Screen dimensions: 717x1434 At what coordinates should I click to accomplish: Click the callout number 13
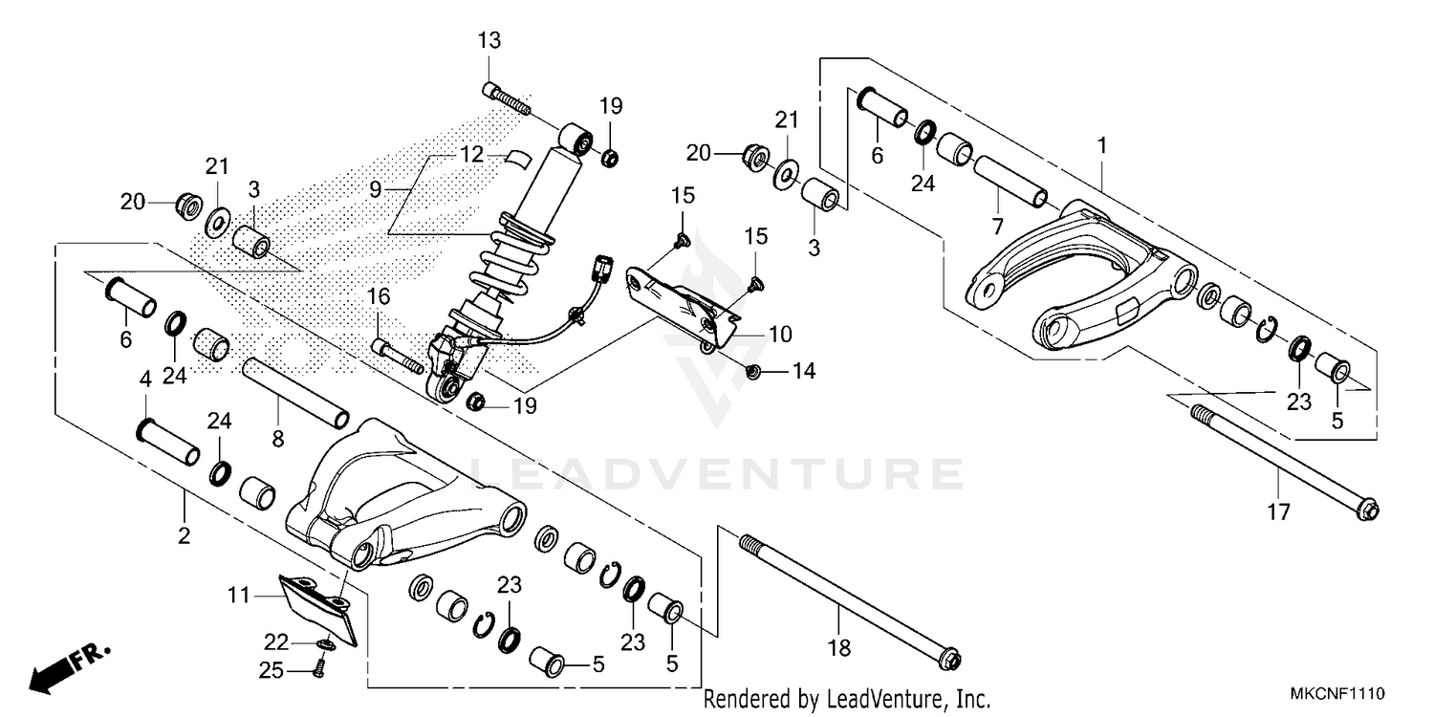point(489,40)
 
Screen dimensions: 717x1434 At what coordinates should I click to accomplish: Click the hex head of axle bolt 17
point(1368,511)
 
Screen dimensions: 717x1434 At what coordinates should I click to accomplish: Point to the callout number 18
point(838,648)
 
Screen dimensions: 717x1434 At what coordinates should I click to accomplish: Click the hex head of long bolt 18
point(949,660)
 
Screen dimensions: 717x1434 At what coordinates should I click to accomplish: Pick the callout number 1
point(1102,146)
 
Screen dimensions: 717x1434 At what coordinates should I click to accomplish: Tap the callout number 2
point(184,535)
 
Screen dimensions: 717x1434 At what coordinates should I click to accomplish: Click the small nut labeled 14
point(753,370)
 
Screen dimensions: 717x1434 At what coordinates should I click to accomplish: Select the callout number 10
point(780,335)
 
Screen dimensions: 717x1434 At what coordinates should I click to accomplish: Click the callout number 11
point(238,595)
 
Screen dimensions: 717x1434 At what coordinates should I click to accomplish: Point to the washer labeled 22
point(327,646)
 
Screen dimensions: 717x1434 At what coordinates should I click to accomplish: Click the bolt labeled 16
point(394,355)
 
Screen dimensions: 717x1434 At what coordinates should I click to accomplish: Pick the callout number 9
point(376,190)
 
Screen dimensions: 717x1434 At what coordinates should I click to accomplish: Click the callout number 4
point(145,379)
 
